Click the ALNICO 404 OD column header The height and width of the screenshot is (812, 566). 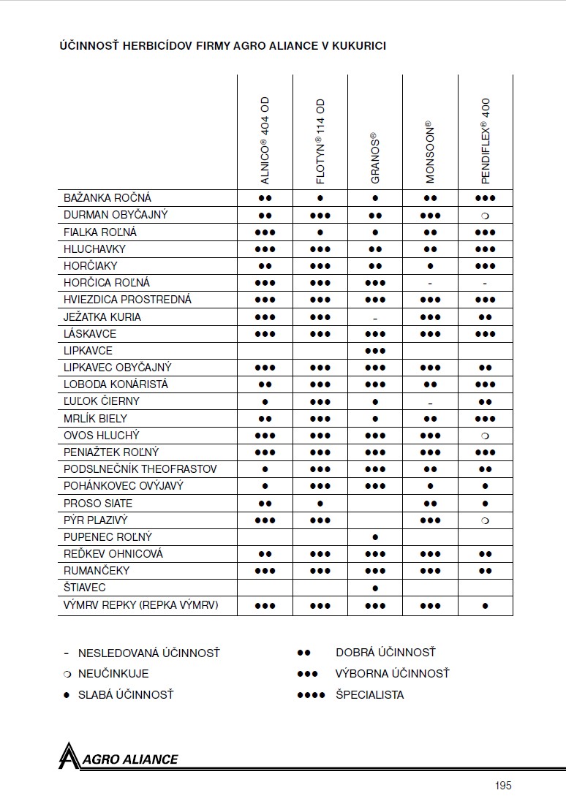point(265,140)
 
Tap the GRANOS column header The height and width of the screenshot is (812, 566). point(375,157)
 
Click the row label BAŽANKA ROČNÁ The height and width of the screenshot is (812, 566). point(107,198)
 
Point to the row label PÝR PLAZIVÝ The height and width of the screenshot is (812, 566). point(96,520)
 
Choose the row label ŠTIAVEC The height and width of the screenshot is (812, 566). point(85,588)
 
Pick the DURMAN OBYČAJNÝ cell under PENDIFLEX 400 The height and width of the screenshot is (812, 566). point(486,216)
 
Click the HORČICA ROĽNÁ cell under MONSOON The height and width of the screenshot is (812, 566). point(430,283)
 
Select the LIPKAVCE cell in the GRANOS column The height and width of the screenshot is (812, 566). point(375,351)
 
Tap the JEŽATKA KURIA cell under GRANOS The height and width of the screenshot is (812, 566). point(375,317)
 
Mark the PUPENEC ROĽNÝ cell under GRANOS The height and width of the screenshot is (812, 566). point(375,537)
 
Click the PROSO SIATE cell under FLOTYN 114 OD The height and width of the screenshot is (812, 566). point(320,504)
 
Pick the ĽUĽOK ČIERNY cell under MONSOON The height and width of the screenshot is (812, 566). point(430,402)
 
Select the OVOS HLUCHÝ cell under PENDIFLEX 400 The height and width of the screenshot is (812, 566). point(486,436)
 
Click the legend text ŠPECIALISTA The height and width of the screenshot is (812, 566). point(369,695)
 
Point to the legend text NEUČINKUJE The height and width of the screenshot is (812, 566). point(113,674)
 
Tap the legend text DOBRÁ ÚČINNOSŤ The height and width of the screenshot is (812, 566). point(385,653)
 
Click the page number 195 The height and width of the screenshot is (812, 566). point(502,786)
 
